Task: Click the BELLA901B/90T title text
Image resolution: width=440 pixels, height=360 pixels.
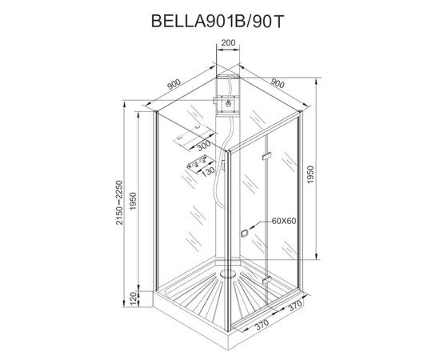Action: coord(218,21)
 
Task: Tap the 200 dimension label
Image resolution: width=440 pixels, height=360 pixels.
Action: coord(228,43)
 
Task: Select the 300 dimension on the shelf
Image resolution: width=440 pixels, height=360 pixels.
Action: coord(203,146)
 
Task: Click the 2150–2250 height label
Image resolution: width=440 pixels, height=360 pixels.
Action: coord(119,202)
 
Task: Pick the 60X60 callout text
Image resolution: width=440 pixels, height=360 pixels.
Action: coord(284,221)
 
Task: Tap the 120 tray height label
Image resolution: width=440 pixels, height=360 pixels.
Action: coord(134,298)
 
